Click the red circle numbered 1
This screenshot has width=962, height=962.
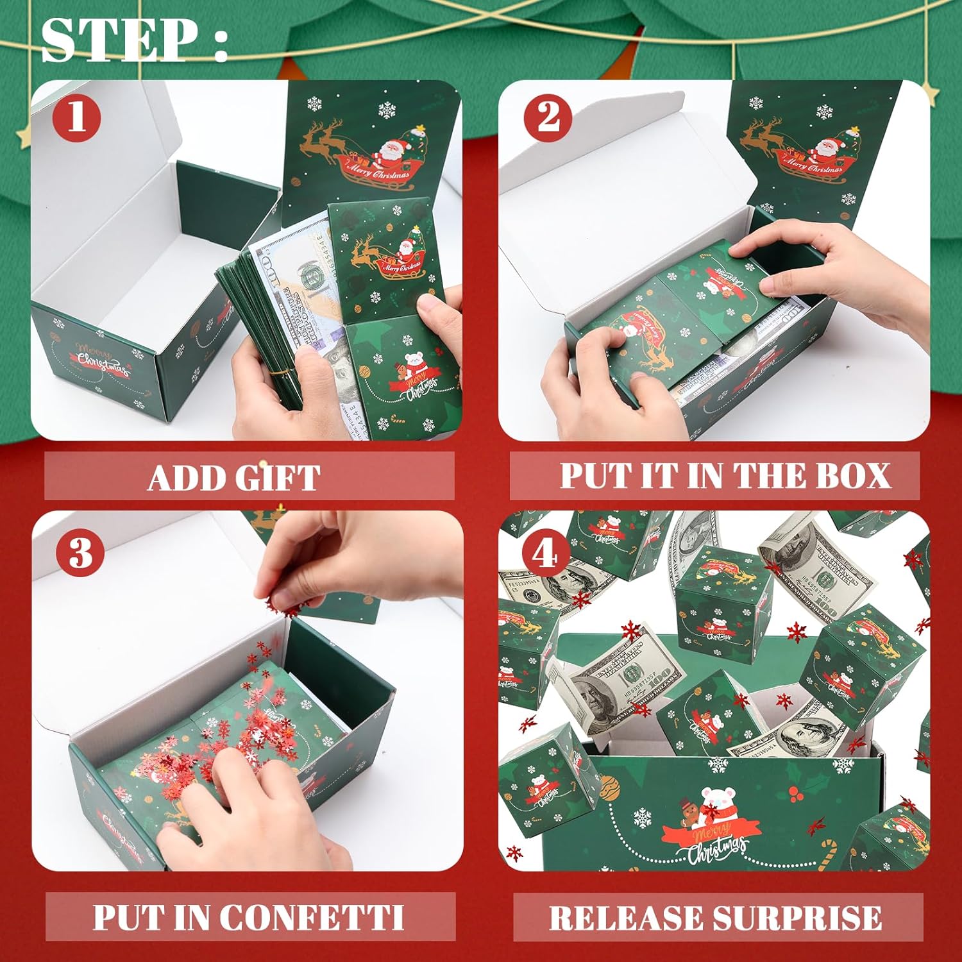76,117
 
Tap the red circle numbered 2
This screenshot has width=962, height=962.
548,118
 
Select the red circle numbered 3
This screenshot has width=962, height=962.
80,552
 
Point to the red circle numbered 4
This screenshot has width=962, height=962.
544,553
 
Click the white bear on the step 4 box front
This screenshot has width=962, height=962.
716,801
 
